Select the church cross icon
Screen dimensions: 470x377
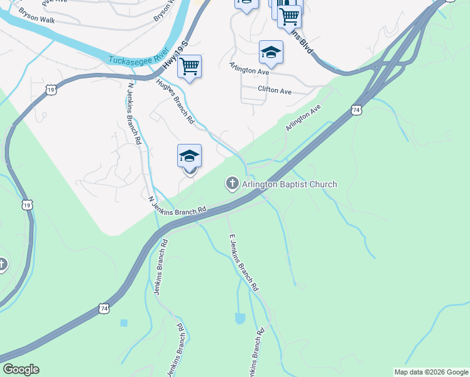[232, 184]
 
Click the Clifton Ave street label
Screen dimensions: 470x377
[275, 91]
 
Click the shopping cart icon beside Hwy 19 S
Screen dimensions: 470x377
[189, 66]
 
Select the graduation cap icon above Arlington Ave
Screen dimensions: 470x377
[271, 53]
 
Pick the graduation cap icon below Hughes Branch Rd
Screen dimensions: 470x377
[189, 156]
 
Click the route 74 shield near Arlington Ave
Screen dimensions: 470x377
[356, 110]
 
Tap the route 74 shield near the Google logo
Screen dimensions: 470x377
[102, 309]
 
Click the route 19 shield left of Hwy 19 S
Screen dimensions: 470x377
[51, 90]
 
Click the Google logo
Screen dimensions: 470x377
[21, 369]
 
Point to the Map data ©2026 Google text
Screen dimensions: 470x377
[430, 372]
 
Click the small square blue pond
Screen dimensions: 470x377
[123, 323]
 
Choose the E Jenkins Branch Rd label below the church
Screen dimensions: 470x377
[243, 262]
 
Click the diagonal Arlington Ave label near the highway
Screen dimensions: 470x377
[303, 117]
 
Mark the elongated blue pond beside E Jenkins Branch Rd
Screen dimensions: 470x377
[239, 319]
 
